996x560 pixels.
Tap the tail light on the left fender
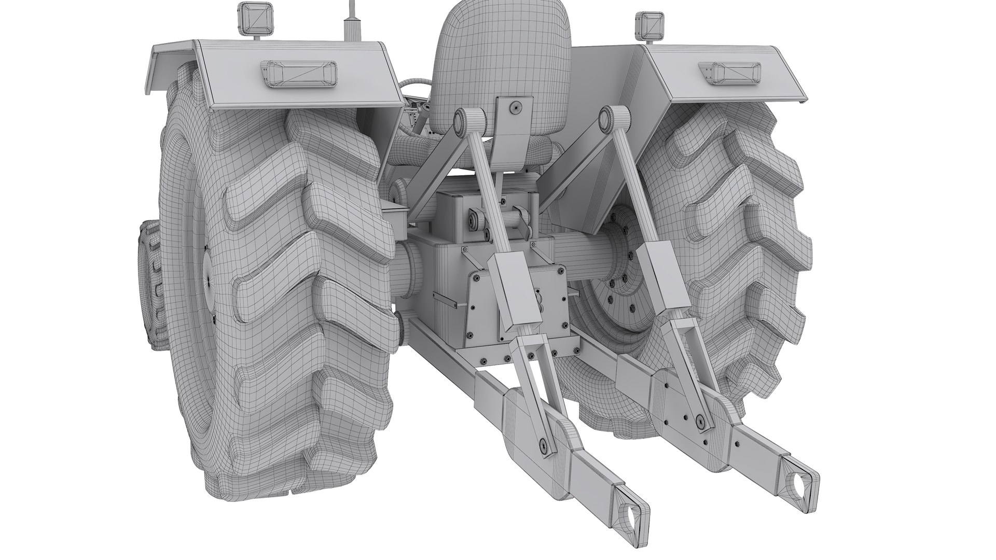(299, 73)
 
